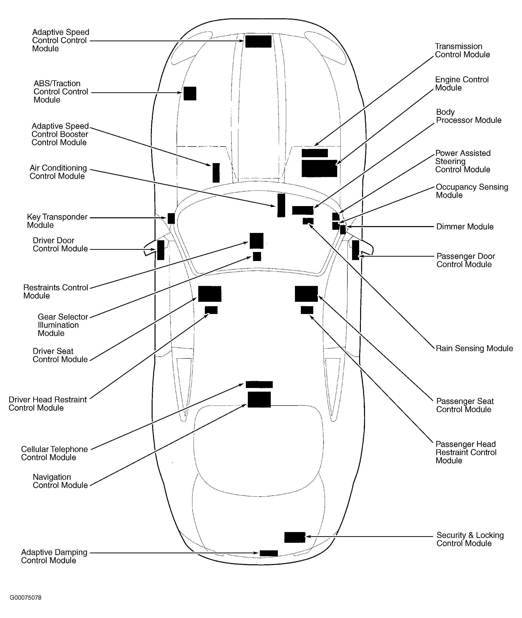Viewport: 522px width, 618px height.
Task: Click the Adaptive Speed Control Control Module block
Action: [258, 42]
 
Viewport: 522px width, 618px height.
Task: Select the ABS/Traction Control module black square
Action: [190, 94]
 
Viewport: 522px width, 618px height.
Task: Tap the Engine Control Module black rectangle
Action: [319, 168]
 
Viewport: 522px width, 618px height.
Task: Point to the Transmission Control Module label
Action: [462, 51]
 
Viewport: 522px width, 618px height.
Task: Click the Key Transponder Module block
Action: [171, 219]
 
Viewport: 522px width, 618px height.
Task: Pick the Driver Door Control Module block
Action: [160, 250]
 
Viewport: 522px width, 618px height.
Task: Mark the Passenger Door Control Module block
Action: [355, 250]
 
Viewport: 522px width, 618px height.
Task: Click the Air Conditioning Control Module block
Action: [281, 205]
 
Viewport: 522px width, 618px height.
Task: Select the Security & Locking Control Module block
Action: [294, 537]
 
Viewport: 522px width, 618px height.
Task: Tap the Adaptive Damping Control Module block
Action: [269, 553]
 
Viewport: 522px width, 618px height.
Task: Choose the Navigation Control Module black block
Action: [259, 399]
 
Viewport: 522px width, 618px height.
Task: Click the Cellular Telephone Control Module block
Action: [259, 385]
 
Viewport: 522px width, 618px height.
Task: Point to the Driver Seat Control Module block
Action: [209, 294]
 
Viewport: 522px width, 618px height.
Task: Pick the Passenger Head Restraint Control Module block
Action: [307, 310]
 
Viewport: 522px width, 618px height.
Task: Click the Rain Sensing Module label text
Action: [474, 348]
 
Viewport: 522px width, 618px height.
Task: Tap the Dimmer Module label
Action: [465, 227]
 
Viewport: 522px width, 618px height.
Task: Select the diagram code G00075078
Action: [25, 597]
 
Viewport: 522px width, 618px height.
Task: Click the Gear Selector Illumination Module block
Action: [257, 256]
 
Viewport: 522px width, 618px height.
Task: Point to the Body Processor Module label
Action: [469, 116]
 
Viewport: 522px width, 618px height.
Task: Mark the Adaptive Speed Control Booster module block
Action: [216, 173]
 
